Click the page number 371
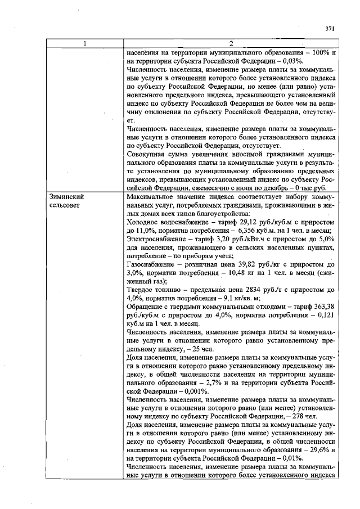click(330, 28)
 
